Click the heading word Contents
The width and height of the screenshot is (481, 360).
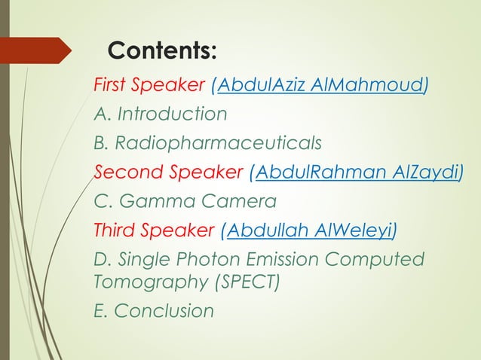click(162, 51)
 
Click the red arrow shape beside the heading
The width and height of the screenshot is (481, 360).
click(38, 51)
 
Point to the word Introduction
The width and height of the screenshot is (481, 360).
click(170, 114)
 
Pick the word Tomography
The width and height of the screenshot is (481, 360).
click(145, 282)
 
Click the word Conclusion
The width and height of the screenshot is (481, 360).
click(164, 311)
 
